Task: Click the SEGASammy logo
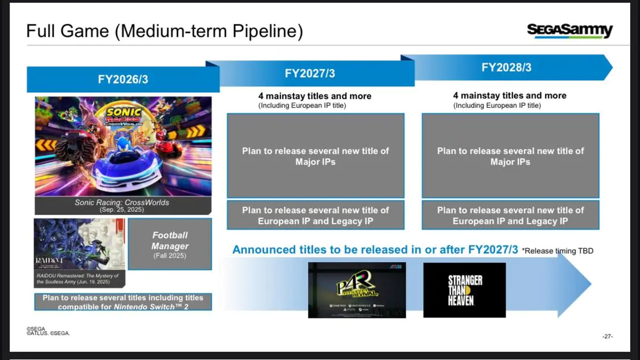[x=570, y=30]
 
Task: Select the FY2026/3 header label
[x=123, y=79]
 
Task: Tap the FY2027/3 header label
[x=310, y=74]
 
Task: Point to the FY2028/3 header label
[x=506, y=68]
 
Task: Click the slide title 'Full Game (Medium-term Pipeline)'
[x=165, y=31]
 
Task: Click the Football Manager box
[x=170, y=244]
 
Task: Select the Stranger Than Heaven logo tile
[x=465, y=290]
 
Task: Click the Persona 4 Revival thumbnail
[x=357, y=290]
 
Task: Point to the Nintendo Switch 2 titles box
[x=123, y=302]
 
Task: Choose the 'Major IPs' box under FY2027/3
[x=315, y=156]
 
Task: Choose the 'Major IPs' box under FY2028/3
[x=510, y=156]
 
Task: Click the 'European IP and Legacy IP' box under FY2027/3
[x=315, y=215]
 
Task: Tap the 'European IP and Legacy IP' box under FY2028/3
[x=510, y=215]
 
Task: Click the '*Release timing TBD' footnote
[x=557, y=251]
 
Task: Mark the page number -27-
[x=607, y=337]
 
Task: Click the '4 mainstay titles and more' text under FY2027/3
[x=315, y=96]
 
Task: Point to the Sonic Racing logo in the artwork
[x=124, y=116]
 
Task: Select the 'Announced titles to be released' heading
[x=375, y=250]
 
